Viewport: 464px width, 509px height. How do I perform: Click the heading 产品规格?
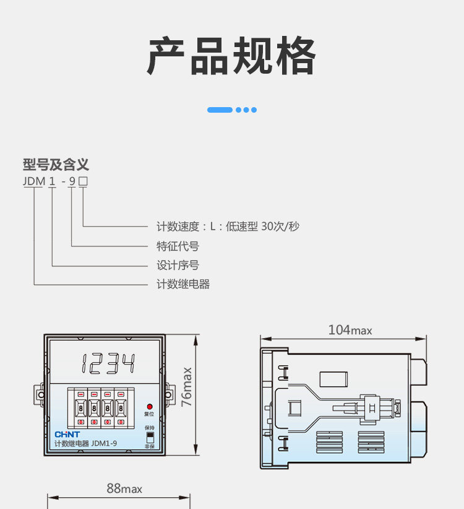231,56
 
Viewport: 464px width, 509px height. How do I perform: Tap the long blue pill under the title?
220,110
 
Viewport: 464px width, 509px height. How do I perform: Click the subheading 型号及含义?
56,165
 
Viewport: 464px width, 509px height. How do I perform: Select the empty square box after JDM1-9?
84,181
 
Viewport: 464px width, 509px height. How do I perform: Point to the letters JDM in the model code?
34,181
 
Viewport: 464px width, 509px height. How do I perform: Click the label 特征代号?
178,246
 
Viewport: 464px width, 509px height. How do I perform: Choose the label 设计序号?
178,265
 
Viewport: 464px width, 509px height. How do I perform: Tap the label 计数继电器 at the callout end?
183,284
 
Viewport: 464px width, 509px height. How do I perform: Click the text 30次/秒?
280,226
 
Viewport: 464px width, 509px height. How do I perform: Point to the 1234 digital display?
108,363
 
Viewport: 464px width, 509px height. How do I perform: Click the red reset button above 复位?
150,407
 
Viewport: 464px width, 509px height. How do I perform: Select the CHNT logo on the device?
67,434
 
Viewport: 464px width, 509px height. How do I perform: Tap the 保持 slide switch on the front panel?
150,437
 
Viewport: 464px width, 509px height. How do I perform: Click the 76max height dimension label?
187,387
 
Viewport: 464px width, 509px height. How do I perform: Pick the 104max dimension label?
350,330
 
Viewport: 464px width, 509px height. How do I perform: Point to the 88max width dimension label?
124,489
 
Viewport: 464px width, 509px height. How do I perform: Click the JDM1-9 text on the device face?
104,443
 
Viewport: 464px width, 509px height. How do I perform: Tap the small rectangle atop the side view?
333,379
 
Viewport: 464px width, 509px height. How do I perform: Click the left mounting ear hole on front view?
41,394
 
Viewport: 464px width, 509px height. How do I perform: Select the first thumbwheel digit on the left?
81,408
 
